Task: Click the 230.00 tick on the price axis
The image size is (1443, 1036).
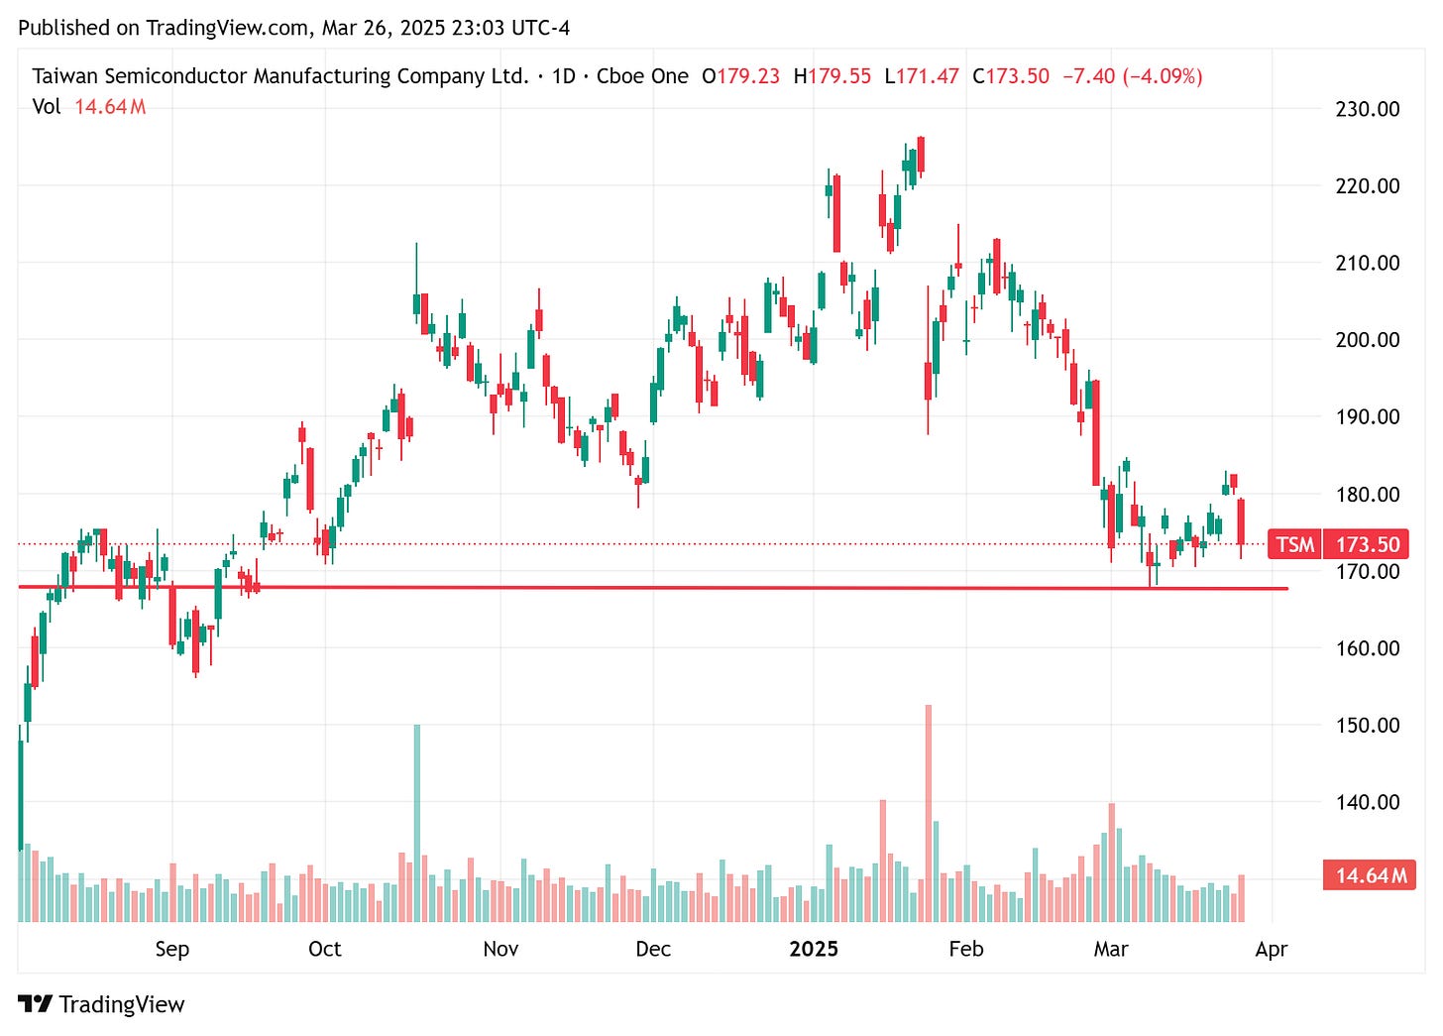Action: point(1367,109)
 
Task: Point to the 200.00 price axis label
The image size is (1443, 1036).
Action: point(1367,340)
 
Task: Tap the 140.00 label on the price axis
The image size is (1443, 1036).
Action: point(1367,802)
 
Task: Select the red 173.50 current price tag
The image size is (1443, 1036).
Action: point(1367,544)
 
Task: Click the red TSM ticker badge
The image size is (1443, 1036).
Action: point(1294,544)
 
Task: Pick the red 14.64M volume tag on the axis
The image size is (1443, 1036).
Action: point(1370,875)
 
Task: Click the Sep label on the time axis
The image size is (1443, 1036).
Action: point(171,949)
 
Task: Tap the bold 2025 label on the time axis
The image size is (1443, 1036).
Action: point(813,949)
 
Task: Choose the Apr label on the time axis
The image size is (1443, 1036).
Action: point(1271,949)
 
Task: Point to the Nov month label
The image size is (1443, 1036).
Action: point(500,949)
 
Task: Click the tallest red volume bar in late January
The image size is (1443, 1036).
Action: point(929,813)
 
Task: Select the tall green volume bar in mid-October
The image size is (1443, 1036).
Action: point(417,823)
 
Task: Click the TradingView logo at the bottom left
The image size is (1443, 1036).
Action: point(101,1004)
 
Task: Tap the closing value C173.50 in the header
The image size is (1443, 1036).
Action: point(1010,76)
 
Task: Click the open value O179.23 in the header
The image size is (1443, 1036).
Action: point(740,76)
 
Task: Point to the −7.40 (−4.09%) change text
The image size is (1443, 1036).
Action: point(1132,76)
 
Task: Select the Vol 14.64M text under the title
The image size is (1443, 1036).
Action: point(89,107)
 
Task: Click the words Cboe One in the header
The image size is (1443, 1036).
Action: point(642,76)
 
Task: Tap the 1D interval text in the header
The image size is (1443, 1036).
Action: point(563,76)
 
